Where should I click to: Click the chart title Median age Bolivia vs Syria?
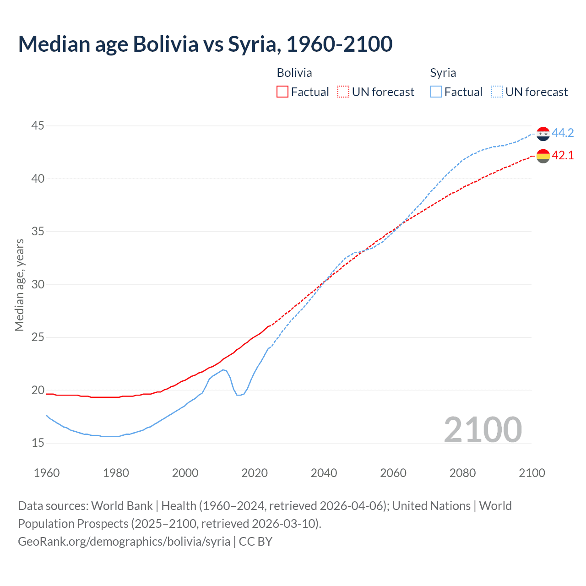click(x=205, y=44)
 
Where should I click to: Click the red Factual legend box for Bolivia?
click(x=282, y=92)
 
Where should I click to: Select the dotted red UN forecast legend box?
click(x=343, y=92)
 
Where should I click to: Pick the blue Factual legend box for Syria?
click(x=436, y=92)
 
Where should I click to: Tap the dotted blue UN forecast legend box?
click(x=497, y=92)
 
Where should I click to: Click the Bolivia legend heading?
click(x=294, y=73)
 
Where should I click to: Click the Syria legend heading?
click(x=443, y=73)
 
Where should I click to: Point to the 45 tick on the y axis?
click(x=38, y=125)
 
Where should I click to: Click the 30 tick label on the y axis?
click(x=38, y=284)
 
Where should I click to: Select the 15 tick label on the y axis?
click(x=38, y=443)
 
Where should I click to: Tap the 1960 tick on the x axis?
click(x=47, y=473)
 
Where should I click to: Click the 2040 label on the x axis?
click(x=324, y=473)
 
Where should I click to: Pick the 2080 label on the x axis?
click(x=462, y=473)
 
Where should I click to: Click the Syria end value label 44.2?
click(x=563, y=133)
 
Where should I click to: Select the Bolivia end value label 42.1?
click(x=563, y=155)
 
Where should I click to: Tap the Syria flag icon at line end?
click(x=543, y=134)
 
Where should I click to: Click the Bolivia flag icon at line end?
click(x=543, y=156)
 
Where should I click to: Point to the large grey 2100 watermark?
click(x=483, y=429)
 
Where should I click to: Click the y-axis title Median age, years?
click(x=19, y=285)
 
